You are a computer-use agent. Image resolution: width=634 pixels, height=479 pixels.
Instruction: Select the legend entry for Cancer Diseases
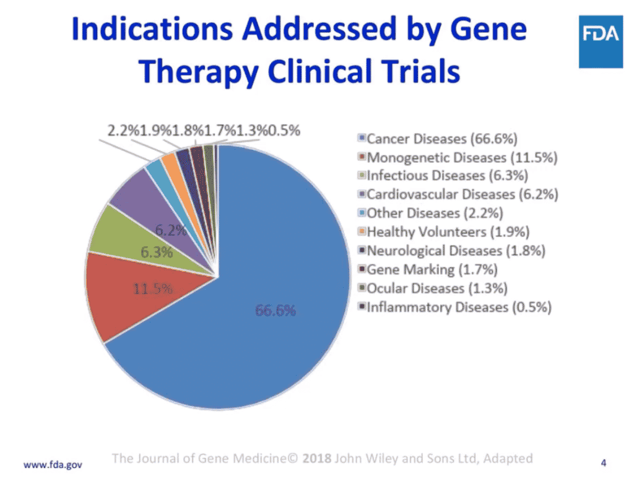[x=443, y=138]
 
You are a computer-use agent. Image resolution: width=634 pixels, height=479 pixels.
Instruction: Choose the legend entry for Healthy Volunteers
[x=448, y=232]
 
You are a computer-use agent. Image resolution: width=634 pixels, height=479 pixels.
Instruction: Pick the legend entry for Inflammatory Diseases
[x=459, y=308]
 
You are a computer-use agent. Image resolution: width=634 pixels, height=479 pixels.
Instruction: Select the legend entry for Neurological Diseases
[x=456, y=251]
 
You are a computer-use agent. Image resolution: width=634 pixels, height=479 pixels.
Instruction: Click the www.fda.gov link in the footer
[x=53, y=463]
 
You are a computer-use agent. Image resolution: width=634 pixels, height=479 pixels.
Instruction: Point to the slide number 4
[x=604, y=462]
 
